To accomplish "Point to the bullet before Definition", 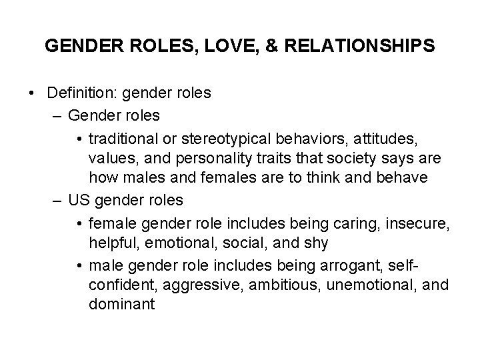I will pos(33,93).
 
